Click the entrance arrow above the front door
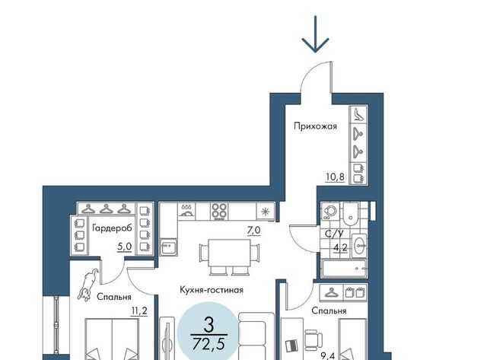point(315,34)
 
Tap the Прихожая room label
point(315,126)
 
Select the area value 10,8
point(335,177)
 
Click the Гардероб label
point(112,228)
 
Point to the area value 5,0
point(125,247)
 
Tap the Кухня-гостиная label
point(212,290)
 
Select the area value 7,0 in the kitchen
point(253,231)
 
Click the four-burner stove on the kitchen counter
point(220,212)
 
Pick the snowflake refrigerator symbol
point(265,212)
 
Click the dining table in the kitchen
point(230,253)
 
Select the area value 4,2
point(340,248)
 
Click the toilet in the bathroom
point(351,215)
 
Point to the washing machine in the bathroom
point(329,212)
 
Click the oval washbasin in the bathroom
point(360,246)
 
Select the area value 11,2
point(139,311)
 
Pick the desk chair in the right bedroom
point(313,339)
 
